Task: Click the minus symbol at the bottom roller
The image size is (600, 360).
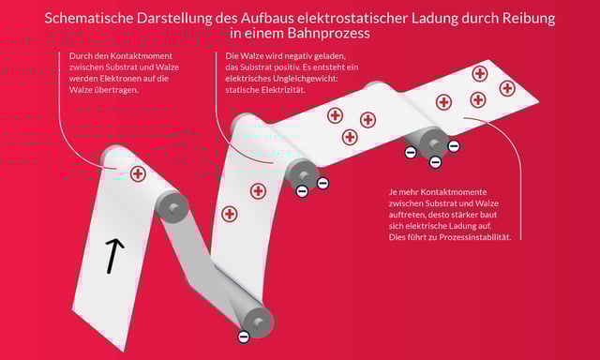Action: tap(244, 336)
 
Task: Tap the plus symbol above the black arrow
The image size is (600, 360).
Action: tap(138, 173)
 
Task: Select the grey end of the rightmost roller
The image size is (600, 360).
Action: tap(432, 142)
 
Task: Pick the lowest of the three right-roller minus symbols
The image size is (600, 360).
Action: tap(435, 162)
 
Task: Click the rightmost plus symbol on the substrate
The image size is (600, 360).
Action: tap(507, 88)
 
